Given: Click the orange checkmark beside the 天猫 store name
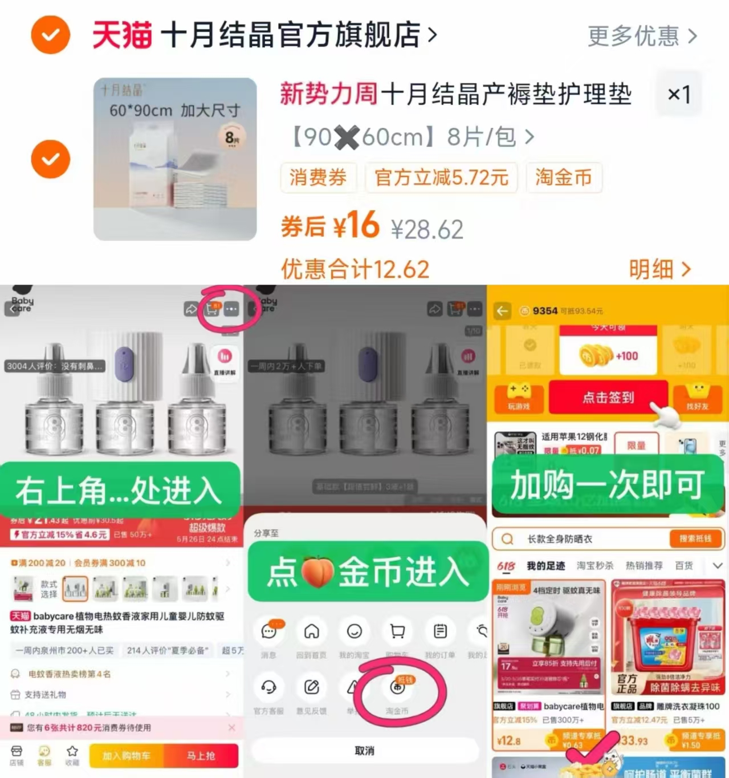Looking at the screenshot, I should [x=50, y=35].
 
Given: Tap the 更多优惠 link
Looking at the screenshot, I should [x=642, y=36].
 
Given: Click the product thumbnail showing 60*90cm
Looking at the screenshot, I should [x=175, y=159].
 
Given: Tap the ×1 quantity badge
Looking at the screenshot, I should [x=679, y=94].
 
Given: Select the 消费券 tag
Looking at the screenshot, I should [x=318, y=177].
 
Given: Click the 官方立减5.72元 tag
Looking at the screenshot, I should [x=441, y=177].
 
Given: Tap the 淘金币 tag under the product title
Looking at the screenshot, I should [x=563, y=177].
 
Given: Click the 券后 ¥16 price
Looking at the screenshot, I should [x=330, y=225].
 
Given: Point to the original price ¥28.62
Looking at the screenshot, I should [x=427, y=229].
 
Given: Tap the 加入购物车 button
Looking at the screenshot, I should [x=126, y=756].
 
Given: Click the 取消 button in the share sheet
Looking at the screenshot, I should [x=365, y=751].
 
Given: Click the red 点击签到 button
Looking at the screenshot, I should [x=608, y=397].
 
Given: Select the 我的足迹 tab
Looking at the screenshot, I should [x=545, y=566].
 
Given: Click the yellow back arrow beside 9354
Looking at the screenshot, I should [x=502, y=311].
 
